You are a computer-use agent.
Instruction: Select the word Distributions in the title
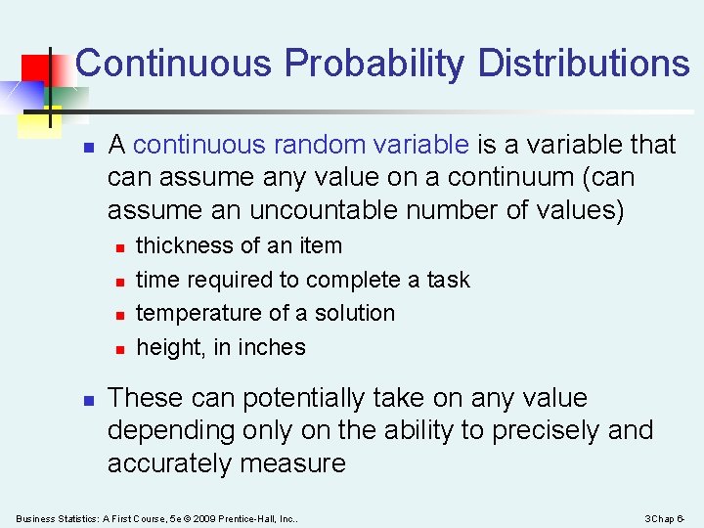point(584,64)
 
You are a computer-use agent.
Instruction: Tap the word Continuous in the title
point(173,64)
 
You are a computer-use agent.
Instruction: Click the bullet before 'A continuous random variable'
point(87,147)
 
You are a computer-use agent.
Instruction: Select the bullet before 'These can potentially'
point(87,400)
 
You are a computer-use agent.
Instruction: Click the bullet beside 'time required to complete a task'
point(116,282)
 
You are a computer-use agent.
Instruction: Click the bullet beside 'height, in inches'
point(116,349)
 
